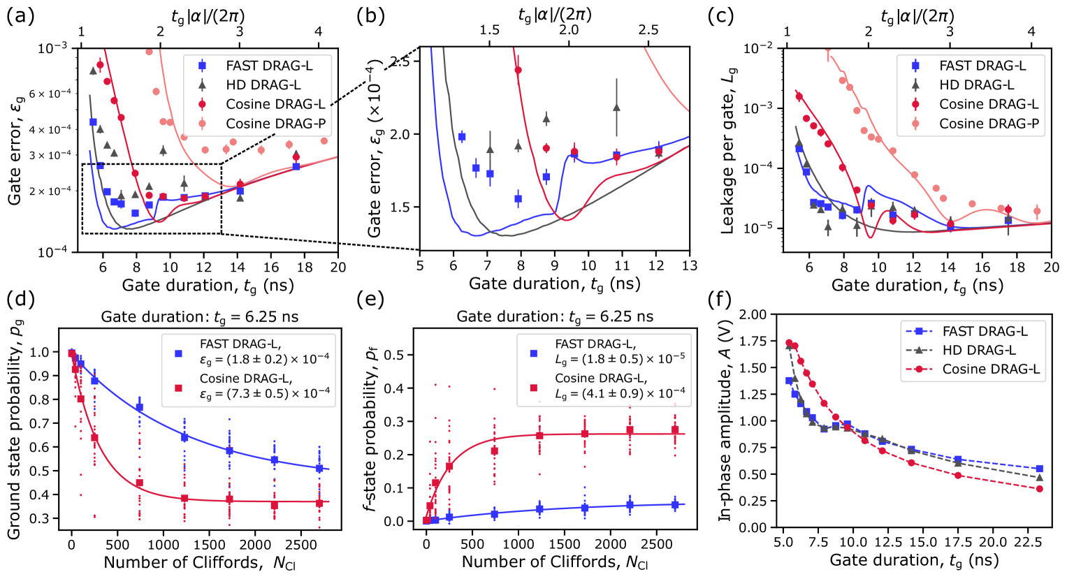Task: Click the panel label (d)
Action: coord(20,301)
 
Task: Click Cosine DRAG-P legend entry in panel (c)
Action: coord(989,124)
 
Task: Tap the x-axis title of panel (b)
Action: coord(554,284)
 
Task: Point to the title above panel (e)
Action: coord(555,316)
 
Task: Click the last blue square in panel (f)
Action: coord(1039,469)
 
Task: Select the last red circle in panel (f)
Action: coord(1039,489)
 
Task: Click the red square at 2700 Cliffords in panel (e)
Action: coord(675,430)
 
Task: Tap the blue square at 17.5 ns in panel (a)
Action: coord(296,166)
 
